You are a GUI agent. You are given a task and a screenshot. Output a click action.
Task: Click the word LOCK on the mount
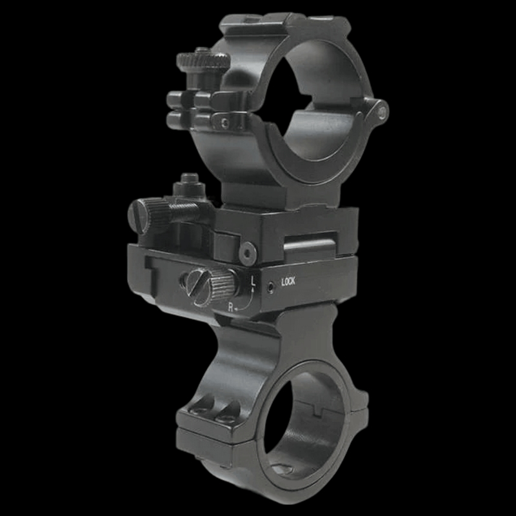coord(288,282)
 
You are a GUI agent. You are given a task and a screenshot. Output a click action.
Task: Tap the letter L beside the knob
coord(253,281)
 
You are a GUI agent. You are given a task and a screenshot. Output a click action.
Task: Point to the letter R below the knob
coord(231,307)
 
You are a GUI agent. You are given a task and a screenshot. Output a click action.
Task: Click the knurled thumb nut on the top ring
coord(203,62)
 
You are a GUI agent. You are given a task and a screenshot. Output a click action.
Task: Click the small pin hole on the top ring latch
coord(224,121)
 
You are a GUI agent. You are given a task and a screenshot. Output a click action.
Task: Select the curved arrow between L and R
coord(248,298)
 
